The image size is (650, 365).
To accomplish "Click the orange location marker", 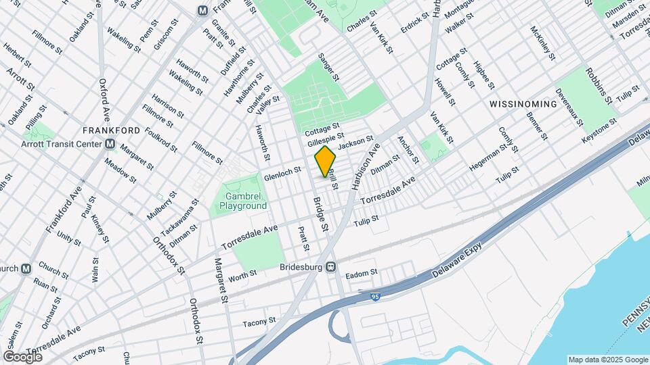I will [326, 161].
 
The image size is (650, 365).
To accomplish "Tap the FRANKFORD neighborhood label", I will [111, 130].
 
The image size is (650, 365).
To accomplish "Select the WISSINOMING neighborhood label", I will [523, 105].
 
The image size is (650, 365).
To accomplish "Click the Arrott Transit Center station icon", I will [110, 144].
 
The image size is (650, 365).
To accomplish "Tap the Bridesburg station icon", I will [331, 266].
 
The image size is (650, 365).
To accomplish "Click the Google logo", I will [22, 356].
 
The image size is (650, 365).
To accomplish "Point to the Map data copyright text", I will [607, 360].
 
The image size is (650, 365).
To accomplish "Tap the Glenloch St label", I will [282, 174].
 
